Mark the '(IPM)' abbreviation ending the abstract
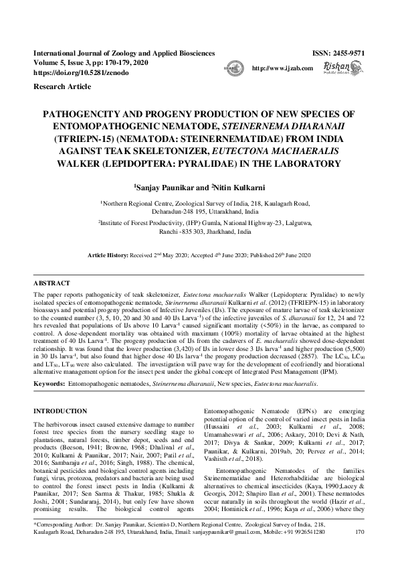click(347, 368)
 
